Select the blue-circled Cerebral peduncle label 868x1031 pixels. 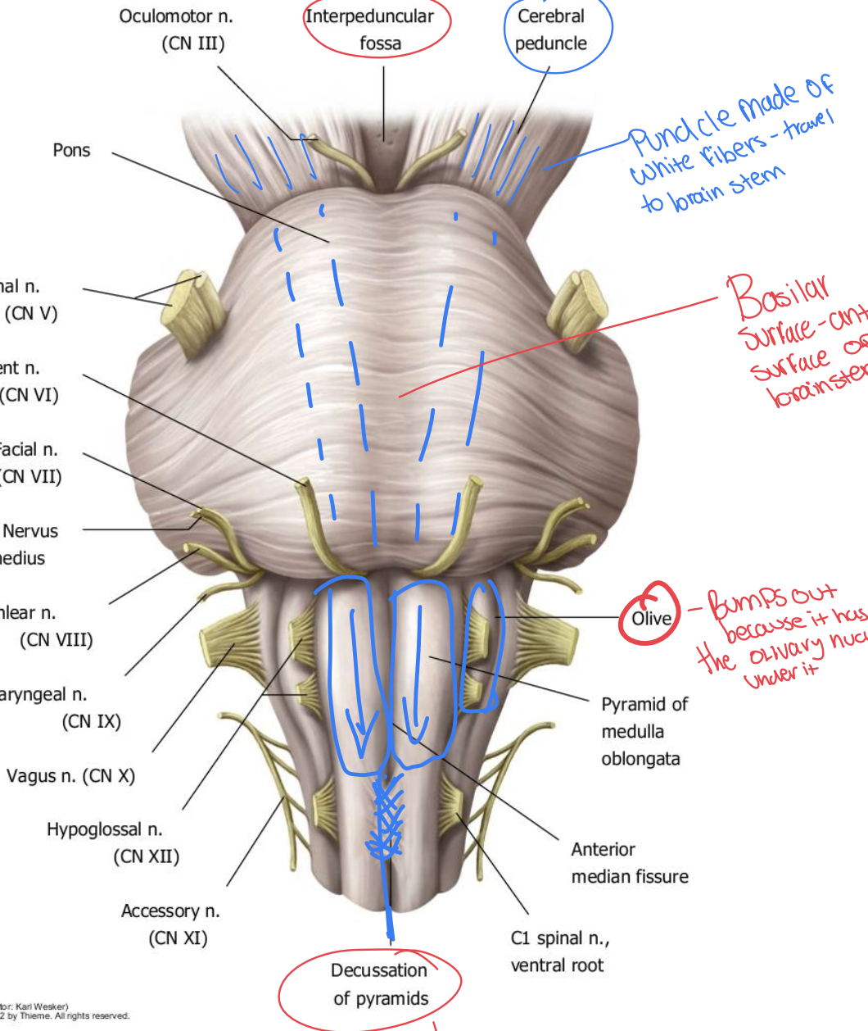click(552, 30)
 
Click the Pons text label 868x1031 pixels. click(71, 150)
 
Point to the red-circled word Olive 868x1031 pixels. click(651, 618)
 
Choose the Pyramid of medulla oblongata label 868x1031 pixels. click(644, 731)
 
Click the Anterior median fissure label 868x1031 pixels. click(629, 863)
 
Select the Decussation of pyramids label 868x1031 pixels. click(379, 984)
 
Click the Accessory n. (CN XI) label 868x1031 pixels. click(171, 924)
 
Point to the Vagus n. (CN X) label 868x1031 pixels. click(70, 775)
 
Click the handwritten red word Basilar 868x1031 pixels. click(778, 297)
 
